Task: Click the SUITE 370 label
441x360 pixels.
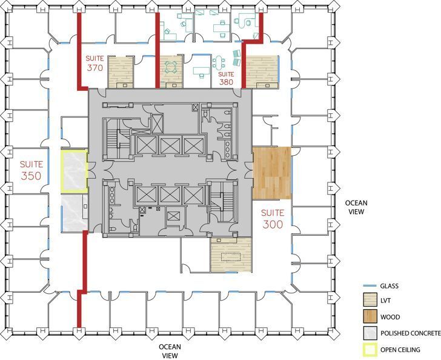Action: (94, 63)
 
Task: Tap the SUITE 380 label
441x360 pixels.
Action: (226, 78)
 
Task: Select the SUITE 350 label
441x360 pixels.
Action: (31, 170)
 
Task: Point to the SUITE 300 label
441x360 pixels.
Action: (273, 218)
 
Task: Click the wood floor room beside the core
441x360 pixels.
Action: (271, 173)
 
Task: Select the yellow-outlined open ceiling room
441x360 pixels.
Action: (74, 171)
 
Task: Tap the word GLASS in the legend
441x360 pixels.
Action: (391, 286)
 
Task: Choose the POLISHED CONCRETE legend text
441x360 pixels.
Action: (409, 333)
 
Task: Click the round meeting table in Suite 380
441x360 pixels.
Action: (172, 65)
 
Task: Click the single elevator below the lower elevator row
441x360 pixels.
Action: (174, 218)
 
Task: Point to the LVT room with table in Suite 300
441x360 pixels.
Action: (231, 255)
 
